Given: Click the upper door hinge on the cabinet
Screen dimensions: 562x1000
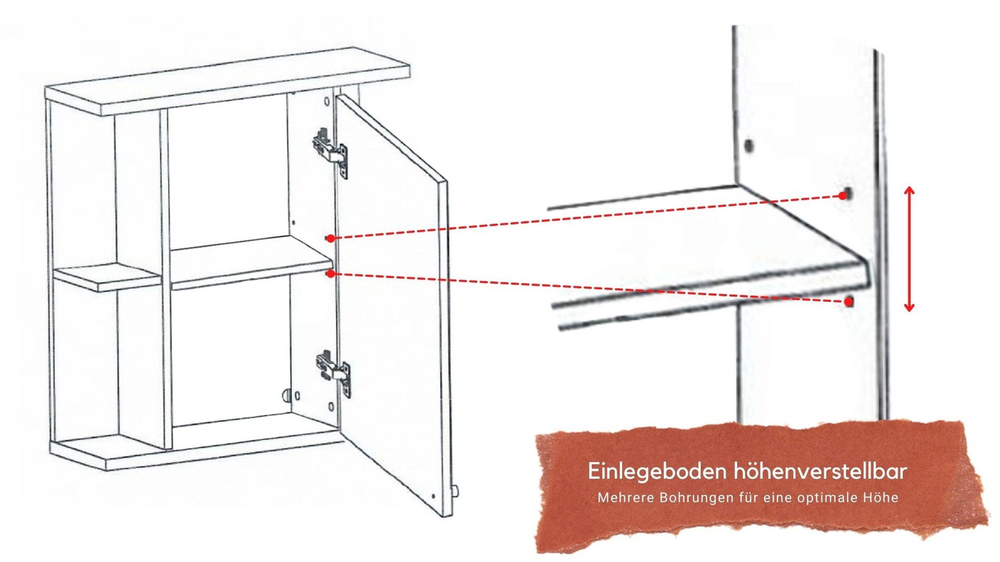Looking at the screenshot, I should click(x=330, y=151).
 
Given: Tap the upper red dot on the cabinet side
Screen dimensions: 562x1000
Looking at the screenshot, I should click(x=330, y=238).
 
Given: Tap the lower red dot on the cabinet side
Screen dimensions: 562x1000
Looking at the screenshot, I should click(x=330, y=274).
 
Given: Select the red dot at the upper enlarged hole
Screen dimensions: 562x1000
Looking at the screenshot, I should click(x=842, y=196).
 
